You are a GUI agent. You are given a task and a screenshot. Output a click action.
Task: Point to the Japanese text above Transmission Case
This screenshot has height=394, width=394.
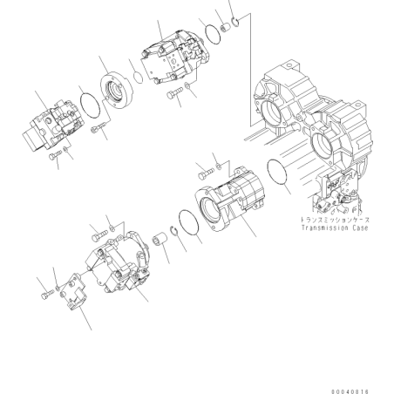(335, 220)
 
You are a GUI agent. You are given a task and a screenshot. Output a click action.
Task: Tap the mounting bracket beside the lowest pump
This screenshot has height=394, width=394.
(72, 292)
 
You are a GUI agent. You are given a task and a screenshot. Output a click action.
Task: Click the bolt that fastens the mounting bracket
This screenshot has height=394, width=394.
(48, 294)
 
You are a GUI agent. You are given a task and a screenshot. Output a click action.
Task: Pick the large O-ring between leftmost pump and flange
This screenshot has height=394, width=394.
(90, 104)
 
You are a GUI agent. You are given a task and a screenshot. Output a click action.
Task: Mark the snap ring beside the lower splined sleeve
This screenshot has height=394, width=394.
(174, 234)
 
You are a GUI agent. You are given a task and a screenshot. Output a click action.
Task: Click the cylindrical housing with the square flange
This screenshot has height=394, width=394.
(229, 199)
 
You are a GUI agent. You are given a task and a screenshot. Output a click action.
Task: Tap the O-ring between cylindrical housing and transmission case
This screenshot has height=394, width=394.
(276, 172)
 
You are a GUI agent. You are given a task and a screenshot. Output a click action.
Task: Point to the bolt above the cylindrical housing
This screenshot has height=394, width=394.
(206, 174)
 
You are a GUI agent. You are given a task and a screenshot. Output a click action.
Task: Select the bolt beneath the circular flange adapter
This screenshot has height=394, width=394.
(98, 129)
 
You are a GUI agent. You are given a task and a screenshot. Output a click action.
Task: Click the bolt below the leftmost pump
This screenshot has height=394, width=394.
(56, 155)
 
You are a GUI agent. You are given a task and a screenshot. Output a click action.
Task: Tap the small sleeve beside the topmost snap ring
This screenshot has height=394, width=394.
(225, 28)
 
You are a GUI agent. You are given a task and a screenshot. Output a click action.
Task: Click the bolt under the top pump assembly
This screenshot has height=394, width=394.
(175, 93)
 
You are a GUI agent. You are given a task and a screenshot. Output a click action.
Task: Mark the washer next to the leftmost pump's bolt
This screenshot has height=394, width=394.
(66, 150)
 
